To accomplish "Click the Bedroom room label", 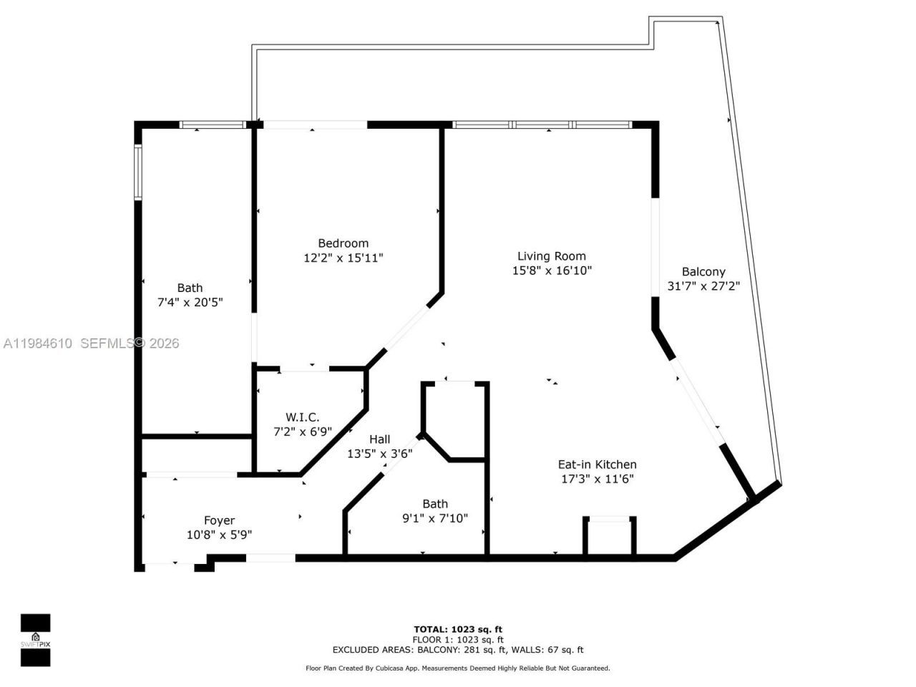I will pos(343,243).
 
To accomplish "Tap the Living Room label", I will pos(552,256).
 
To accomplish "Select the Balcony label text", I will pos(703,272).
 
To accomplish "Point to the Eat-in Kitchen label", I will pos(598,464).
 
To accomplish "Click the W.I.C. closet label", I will pos(303,417).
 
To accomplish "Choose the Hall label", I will pos(380,439).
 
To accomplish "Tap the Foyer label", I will pos(219,520).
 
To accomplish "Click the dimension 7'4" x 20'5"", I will pos(190,303).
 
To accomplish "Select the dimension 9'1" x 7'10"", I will pos(435,518).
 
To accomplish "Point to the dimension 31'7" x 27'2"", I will pos(703,286).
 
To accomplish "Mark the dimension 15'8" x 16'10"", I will pos(552,271).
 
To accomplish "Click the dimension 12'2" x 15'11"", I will pos(343,258).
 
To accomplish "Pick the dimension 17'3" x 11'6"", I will pos(598,479).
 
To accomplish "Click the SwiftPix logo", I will pos(35,639).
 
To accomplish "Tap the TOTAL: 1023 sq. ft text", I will pos(458,630).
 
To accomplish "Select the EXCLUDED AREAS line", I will pos(458,650).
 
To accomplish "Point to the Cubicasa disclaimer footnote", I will pos(458,668).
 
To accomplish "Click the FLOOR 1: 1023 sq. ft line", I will pos(458,640).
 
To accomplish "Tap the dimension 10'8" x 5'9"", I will pos(219,535).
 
